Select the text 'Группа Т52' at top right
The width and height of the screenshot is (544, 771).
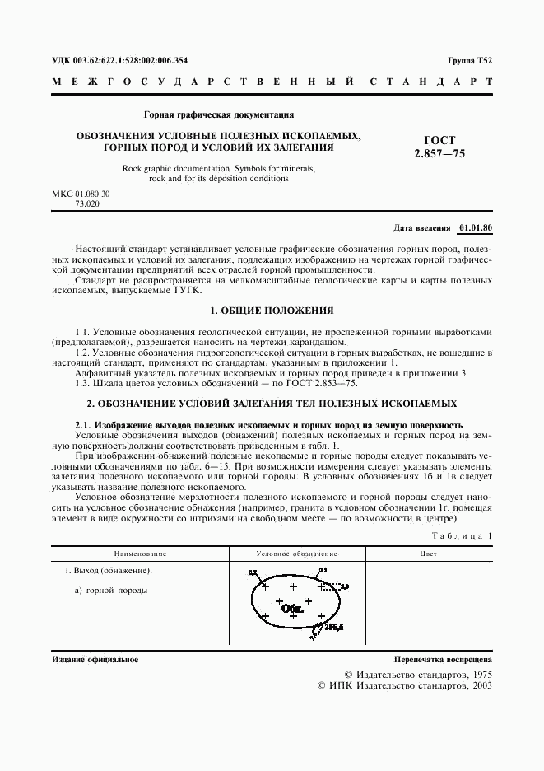(x=470, y=60)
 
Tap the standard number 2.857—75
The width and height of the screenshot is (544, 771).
(x=440, y=153)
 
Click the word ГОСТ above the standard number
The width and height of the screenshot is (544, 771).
(x=439, y=140)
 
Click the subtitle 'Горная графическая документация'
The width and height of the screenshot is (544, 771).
(x=219, y=114)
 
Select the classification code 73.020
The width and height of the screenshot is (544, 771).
(x=87, y=203)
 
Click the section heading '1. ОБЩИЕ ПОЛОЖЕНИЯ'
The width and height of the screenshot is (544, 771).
(x=272, y=311)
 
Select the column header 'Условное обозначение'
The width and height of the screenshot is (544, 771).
(x=296, y=554)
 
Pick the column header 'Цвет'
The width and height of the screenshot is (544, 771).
(x=428, y=554)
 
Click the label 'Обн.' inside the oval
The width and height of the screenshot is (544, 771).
(x=292, y=610)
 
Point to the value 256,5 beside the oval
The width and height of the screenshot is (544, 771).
(x=332, y=628)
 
